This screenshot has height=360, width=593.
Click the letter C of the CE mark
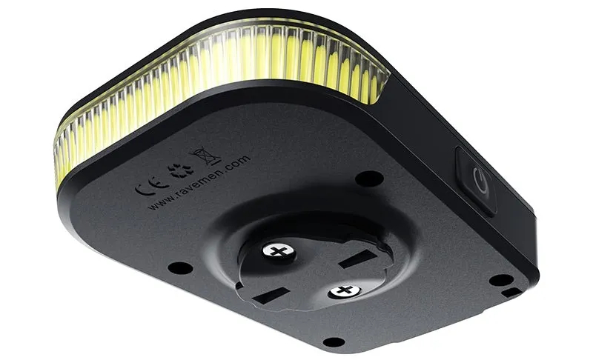[142, 188]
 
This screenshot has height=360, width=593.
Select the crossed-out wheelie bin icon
[205, 156]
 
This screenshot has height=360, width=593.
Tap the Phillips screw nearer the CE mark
[279, 250]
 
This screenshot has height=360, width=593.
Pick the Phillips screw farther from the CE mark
[344, 291]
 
